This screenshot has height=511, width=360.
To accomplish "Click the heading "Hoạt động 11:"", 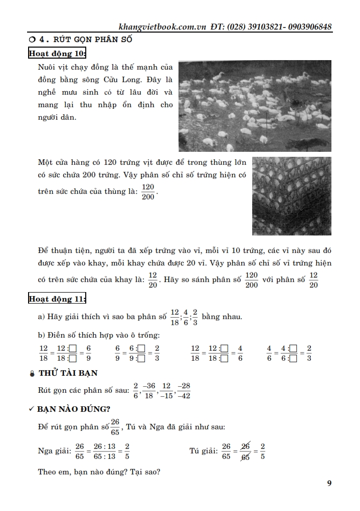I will point(57,299).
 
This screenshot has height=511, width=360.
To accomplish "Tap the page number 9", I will point(329,483).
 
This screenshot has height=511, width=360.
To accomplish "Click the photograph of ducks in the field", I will point(255,106).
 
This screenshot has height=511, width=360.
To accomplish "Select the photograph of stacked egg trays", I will point(291,196).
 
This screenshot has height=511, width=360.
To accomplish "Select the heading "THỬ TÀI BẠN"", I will point(68,373).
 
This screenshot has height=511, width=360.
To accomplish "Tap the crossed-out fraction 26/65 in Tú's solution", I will point(246,451).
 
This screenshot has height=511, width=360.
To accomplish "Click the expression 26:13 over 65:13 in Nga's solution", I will point(104,451).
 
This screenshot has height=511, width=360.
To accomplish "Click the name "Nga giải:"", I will point(55,451).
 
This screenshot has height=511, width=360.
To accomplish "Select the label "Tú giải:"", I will point(203,451).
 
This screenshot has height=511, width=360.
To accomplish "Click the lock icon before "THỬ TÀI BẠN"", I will point(33,373).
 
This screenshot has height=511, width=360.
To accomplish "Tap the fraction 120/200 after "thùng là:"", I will point(148,191).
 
